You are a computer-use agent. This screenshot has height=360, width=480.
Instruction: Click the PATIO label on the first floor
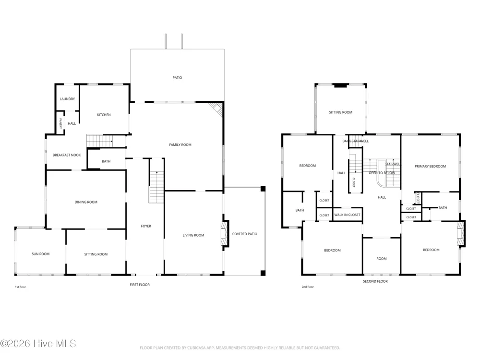pyautogui.click(x=177, y=78)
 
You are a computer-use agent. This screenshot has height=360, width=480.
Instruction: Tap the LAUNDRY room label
pyautogui.click(x=67, y=99)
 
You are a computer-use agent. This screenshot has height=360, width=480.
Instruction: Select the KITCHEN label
pyautogui.click(x=104, y=115)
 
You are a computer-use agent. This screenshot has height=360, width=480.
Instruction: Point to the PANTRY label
pyautogui.click(x=60, y=123)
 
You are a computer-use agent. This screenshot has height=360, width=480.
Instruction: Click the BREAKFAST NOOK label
pyautogui.click(x=67, y=155)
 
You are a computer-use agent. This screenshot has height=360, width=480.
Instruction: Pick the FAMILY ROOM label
pyautogui.click(x=180, y=145)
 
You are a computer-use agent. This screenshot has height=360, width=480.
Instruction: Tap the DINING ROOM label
pyautogui.click(x=86, y=202)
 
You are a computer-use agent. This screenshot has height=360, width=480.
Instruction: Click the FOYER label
pyautogui.click(x=146, y=226)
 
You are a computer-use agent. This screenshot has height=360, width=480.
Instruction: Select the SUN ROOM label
pyautogui.click(x=41, y=254)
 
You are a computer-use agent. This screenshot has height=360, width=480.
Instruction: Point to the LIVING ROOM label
pyautogui.click(x=193, y=235)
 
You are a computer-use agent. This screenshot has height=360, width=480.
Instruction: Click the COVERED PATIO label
pyautogui.click(x=245, y=234)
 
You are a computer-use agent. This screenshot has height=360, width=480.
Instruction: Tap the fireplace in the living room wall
pyautogui.click(x=225, y=233)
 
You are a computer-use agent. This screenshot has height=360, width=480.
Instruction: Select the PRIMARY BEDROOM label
pyautogui.click(x=431, y=167)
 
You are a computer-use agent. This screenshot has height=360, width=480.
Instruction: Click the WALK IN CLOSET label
pyautogui.click(x=348, y=215)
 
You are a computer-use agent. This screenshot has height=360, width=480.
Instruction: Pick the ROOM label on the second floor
pyautogui.click(x=382, y=259)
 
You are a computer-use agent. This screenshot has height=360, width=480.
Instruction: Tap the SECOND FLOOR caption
pyautogui.click(x=375, y=281)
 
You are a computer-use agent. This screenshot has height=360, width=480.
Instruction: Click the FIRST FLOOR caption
pyautogui.click(x=140, y=285)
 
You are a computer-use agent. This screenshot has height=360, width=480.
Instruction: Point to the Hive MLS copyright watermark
pyautogui.click(x=38, y=344)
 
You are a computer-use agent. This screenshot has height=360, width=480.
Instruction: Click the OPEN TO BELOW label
pyautogui.click(x=382, y=173)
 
